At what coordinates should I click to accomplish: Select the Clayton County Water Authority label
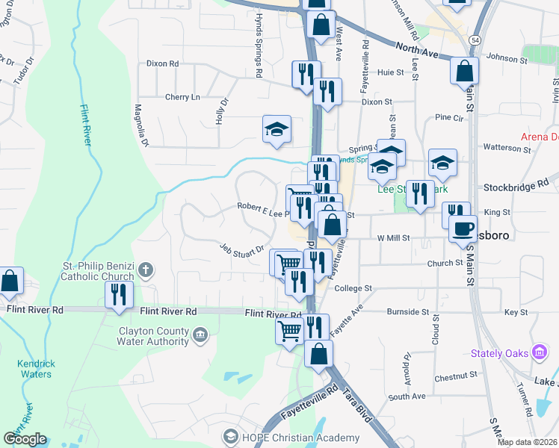(x=152, y=336)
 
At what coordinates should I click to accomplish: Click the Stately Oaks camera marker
(x=540, y=352)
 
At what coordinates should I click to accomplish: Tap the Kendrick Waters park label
(x=36, y=370)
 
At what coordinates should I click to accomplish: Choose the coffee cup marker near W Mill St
(x=463, y=228)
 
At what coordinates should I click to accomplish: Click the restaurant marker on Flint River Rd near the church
(x=119, y=295)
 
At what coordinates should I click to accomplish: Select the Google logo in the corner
(x=25, y=439)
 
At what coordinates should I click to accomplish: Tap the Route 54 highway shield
(x=475, y=38)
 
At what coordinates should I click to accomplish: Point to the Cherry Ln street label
(x=183, y=97)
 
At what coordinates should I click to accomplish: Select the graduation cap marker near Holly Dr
(x=277, y=130)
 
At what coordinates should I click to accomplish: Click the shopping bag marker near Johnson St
(x=464, y=71)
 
